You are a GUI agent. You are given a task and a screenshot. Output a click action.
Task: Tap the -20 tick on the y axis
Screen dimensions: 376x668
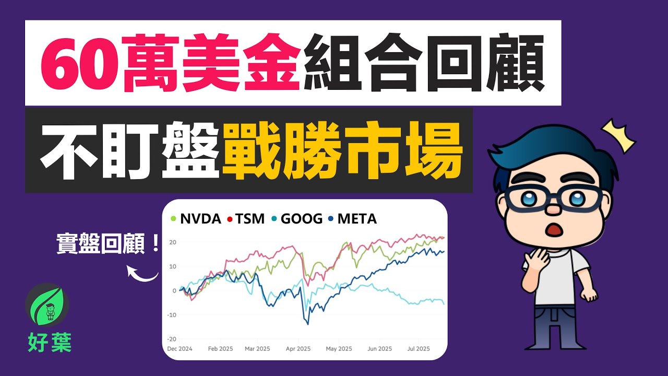pos(172,339)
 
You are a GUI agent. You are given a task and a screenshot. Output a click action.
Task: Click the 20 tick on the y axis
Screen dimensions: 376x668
pos(173,242)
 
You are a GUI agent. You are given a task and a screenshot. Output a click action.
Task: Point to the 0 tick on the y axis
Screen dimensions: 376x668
pos(174,291)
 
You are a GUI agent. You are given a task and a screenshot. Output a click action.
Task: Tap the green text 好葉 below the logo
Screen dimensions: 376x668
pos(50,343)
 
